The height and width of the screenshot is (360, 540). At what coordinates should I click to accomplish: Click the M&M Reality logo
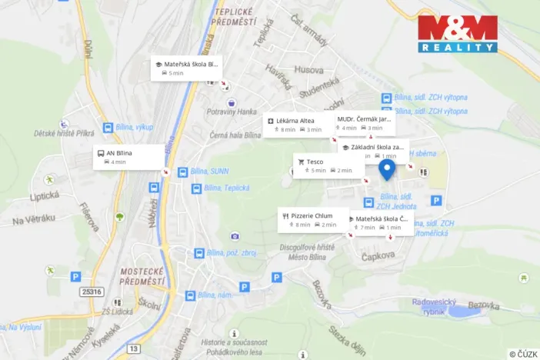click(457, 33)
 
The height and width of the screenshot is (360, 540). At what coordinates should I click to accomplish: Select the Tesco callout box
click(328, 165)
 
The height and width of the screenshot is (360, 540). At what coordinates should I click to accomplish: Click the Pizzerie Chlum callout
click(313, 220)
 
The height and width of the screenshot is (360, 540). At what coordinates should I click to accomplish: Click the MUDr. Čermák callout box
click(365, 123)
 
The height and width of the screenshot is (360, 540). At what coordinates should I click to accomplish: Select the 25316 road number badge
click(92, 292)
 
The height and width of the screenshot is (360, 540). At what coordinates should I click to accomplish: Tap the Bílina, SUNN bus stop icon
click(182, 172)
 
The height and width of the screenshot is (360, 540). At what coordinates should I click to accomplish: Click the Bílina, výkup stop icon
click(106, 127)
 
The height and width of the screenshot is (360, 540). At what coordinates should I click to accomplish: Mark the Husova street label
click(308, 69)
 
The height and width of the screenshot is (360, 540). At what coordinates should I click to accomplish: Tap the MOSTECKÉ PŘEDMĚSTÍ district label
click(144, 275)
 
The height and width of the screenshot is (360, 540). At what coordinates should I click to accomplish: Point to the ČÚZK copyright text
click(523, 353)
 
